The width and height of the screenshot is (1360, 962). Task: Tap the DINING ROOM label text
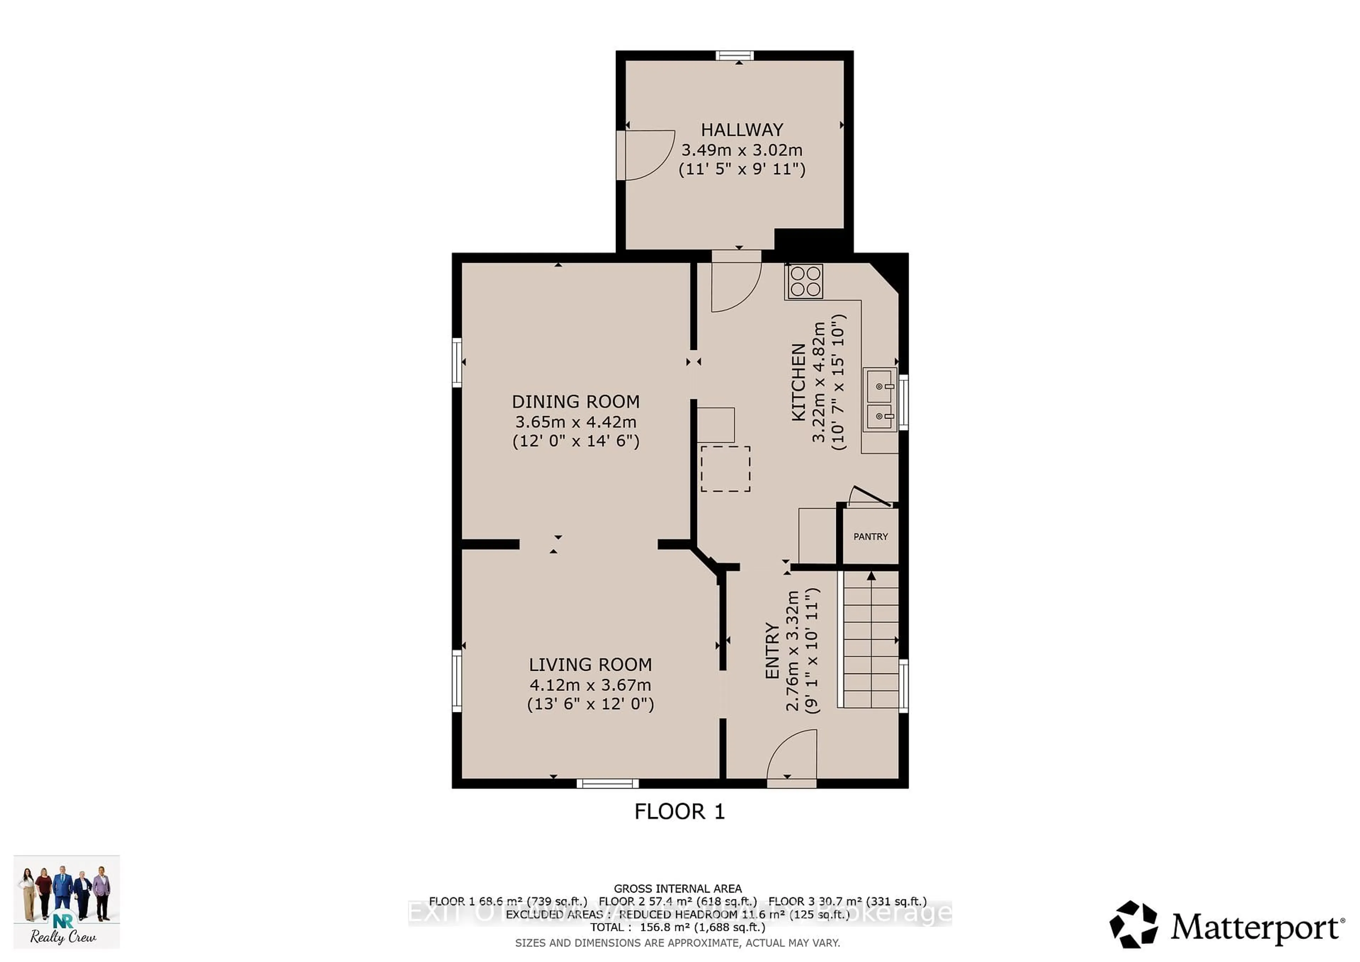(575, 402)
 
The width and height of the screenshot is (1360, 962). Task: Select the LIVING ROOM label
(590, 664)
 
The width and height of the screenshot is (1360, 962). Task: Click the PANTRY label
(870, 537)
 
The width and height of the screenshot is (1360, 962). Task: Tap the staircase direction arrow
(871, 576)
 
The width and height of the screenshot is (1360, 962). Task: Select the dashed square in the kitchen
(725, 469)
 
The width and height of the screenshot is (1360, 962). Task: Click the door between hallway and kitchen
(735, 283)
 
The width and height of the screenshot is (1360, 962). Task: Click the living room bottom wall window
(608, 783)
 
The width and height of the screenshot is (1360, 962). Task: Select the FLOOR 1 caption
(679, 811)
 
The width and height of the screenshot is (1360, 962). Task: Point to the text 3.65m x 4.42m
(575, 422)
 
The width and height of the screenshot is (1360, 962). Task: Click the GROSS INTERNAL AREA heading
(677, 889)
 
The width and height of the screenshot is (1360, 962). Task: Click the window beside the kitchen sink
(903, 402)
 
